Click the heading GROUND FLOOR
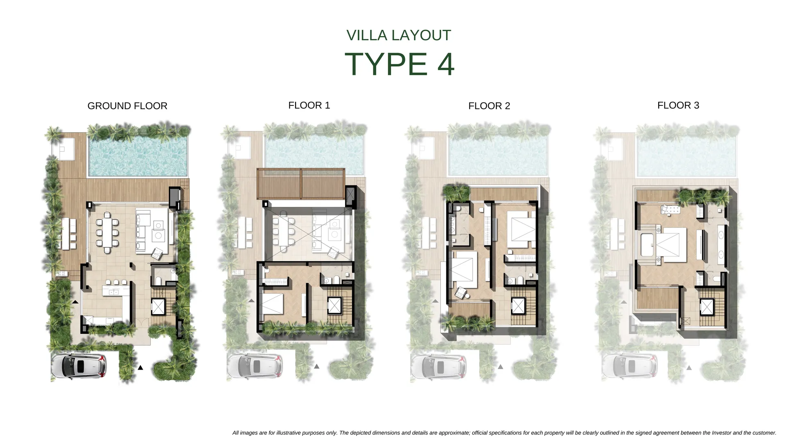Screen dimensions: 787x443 pos(127,106)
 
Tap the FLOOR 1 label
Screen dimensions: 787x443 pos(309,105)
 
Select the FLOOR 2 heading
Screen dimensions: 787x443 pos(489,106)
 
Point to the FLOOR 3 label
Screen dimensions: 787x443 pos(678,105)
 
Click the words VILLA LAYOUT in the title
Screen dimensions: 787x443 pos(399,35)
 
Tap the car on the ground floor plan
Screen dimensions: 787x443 pos(79,365)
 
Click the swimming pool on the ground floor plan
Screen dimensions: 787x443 pos(138,156)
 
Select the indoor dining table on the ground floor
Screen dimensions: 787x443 pos(107,232)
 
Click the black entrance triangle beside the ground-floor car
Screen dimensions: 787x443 pos(140,368)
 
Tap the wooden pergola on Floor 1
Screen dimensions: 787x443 pos(301,183)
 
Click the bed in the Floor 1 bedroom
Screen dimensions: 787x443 pos(273,304)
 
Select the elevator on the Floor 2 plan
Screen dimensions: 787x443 pos(518,306)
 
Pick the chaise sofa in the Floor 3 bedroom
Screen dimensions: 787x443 pos(670,210)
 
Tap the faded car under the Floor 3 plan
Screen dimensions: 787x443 pos(629,366)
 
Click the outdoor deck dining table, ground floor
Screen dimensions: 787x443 pos(66,233)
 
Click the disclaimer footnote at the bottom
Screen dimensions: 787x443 pos(504,433)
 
